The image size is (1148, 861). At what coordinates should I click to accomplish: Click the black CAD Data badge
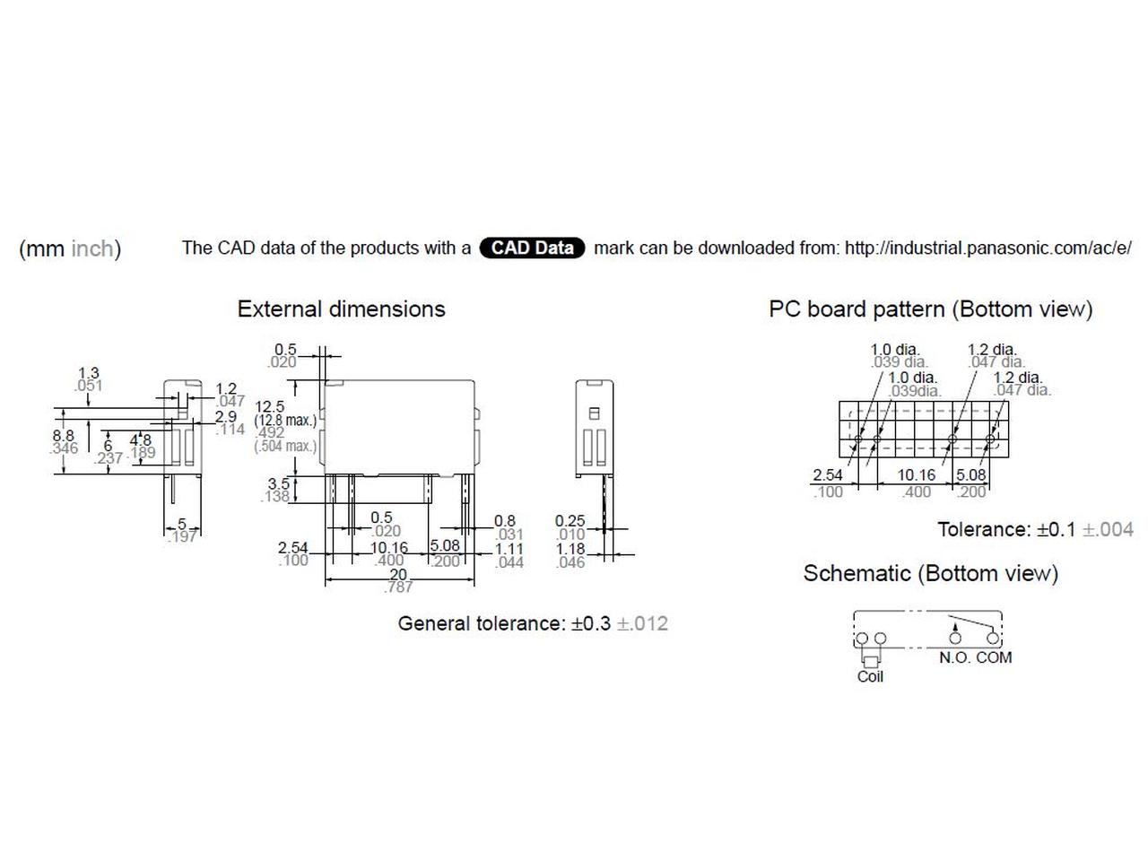click(531, 248)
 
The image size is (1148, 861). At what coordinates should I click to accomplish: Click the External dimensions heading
click(341, 309)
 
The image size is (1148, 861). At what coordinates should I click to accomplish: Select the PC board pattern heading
click(930, 309)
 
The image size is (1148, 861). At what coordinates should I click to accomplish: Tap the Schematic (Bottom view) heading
click(930, 573)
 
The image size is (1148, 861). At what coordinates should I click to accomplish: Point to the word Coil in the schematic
click(870, 676)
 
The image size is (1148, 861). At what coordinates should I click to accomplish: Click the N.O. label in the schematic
click(954, 657)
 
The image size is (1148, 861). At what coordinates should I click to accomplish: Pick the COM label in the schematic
click(994, 657)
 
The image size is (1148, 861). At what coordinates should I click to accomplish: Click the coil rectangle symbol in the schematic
click(871, 662)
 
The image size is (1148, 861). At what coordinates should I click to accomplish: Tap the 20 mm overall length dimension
click(397, 574)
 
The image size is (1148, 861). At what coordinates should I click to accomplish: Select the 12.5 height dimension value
click(269, 406)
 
